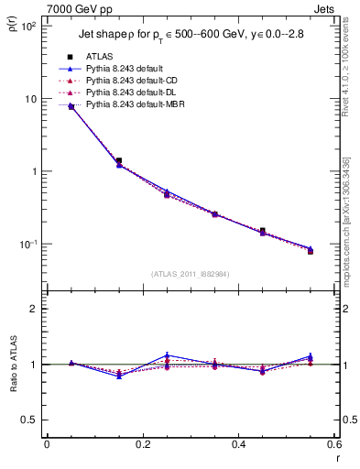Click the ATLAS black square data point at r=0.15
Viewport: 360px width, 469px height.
(x=119, y=160)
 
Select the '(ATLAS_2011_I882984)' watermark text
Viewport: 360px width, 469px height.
(x=191, y=273)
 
